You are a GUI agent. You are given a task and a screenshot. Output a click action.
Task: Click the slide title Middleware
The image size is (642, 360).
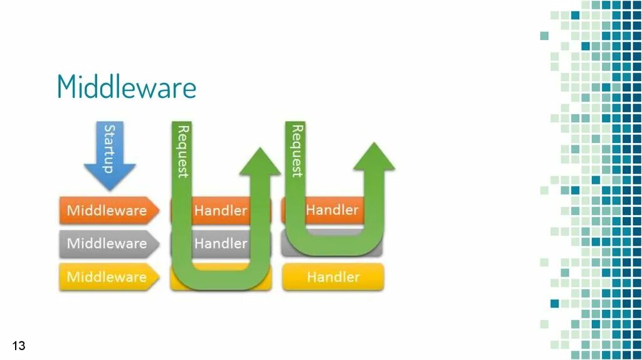point(127,87)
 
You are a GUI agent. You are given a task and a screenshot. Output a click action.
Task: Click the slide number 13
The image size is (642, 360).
point(19,346)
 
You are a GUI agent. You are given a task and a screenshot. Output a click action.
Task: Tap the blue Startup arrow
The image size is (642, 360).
point(110,154)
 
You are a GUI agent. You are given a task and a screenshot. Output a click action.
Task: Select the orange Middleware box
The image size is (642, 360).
point(108,210)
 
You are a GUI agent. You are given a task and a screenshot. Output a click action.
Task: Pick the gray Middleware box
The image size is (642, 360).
point(108,243)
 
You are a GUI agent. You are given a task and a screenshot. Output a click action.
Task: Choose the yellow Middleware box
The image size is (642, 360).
point(108,277)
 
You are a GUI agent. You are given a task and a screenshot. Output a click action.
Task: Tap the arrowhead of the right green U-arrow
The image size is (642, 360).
point(374,157)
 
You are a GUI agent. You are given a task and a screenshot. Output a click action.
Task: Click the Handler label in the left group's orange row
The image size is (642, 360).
point(221,210)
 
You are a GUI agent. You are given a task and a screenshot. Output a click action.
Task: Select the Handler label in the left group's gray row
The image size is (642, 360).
point(221,243)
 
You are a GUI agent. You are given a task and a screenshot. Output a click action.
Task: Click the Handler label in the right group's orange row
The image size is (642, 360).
point(332,209)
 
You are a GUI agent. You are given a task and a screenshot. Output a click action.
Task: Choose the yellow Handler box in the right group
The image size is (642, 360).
point(333,277)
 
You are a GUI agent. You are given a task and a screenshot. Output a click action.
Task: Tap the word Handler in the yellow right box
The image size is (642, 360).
point(333,277)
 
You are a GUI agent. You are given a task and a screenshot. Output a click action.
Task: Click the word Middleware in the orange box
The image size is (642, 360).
point(107,210)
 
